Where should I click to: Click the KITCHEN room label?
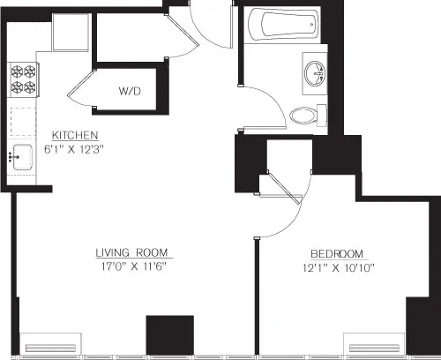73,134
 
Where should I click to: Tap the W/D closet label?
130,90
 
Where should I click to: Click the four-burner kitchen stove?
23,81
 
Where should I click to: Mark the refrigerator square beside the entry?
68,34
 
